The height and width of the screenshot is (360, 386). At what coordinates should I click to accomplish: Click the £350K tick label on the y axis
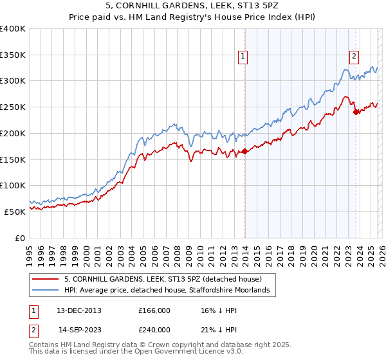(x=13, y=55)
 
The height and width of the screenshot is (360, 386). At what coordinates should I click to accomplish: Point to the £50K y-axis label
(x=15, y=212)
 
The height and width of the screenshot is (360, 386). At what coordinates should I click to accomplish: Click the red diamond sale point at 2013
(x=244, y=152)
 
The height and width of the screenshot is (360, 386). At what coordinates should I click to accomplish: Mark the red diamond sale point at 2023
(x=355, y=113)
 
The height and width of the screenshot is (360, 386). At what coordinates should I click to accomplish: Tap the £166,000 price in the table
(x=154, y=310)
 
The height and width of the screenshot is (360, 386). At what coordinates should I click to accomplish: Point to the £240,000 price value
(x=154, y=329)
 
